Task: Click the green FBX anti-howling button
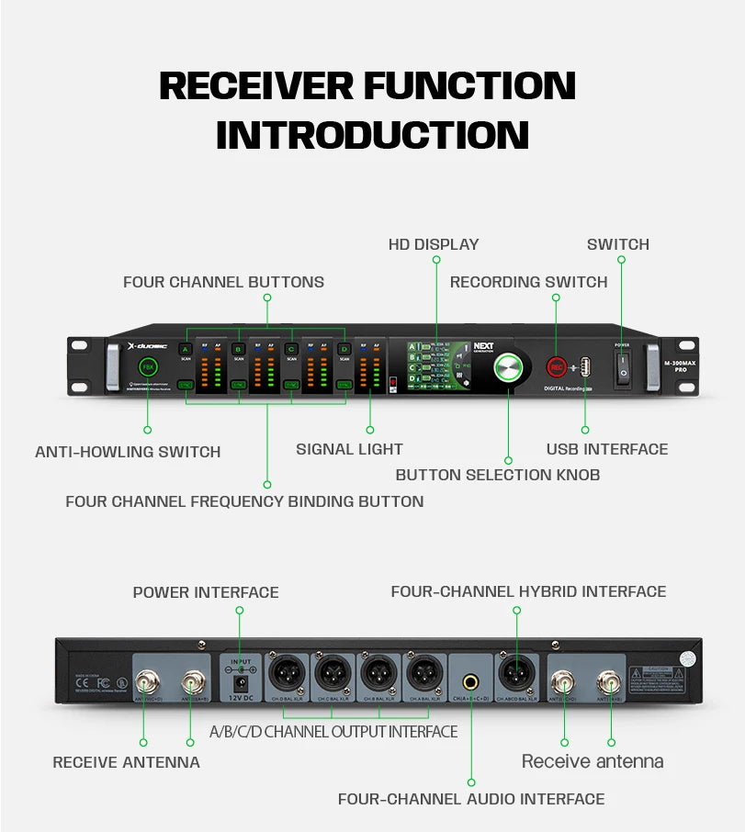coord(147,367)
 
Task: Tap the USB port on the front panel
coord(585,366)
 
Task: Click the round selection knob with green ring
coord(507,367)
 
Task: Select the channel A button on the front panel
coord(185,350)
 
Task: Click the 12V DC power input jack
coord(241,682)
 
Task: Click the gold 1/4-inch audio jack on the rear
coord(471,682)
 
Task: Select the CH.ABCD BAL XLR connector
coord(516,677)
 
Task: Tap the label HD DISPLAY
coord(434,244)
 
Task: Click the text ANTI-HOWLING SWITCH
coord(128,452)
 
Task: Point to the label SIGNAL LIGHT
coord(349,449)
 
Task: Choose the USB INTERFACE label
coord(607,449)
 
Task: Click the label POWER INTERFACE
coord(206,592)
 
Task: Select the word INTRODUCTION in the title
coord(372,134)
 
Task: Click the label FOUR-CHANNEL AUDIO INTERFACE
coord(471,799)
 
